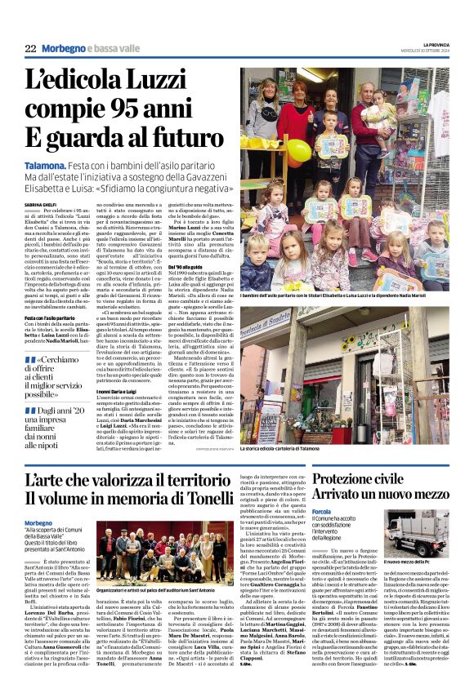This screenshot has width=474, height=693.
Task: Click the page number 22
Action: tap(30, 48)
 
